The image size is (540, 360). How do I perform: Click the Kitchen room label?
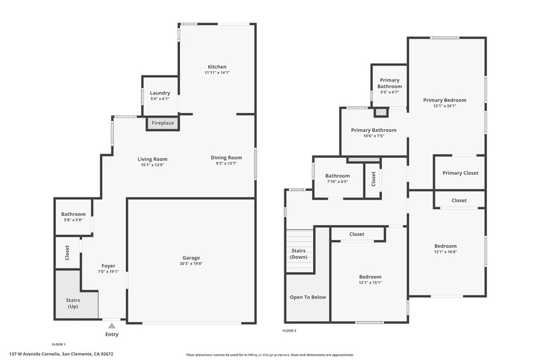click(217, 67)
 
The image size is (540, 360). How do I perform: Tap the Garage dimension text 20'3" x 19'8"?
click(191, 264)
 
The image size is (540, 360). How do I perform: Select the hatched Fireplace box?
click(162, 123)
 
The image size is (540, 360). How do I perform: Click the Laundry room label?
click(160, 93)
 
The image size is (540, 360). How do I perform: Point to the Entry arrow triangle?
click(112, 326)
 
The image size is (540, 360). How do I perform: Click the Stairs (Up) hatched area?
click(73, 300)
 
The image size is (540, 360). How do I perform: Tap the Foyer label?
click(108, 266)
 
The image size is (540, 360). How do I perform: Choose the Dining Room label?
click(226, 158)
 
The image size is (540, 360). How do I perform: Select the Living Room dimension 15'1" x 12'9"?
click(152, 165)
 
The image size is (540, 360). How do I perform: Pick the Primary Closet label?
click(460, 173)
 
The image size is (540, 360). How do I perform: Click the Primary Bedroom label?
click(445, 100)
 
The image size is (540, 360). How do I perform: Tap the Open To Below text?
click(308, 297)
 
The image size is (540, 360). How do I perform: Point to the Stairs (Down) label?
click(298, 254)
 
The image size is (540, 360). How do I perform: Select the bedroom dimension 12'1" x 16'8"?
click(446, 252)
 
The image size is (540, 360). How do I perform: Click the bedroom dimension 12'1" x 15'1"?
click(370, 283)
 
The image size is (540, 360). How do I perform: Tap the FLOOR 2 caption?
click(290, 330)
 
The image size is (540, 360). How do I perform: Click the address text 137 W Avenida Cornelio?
click(35, 354)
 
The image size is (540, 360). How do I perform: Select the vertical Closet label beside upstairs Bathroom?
click(373, 179)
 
